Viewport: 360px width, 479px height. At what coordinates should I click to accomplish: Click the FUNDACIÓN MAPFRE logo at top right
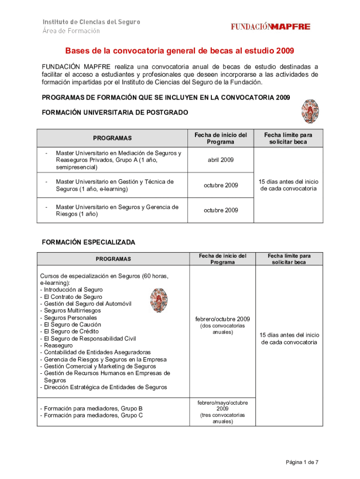(270, 27)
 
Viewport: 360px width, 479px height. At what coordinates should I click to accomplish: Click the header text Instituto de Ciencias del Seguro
(92, 22)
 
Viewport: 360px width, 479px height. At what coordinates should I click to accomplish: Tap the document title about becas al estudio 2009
(180, 51)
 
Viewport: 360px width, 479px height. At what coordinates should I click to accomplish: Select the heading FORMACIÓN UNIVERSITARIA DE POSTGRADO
(115, 112)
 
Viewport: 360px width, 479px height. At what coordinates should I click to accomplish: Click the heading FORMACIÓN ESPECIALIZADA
(88, 242)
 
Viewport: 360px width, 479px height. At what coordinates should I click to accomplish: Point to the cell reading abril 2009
(221, 160)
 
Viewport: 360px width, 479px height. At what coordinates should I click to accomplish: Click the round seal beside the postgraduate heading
(309, 111)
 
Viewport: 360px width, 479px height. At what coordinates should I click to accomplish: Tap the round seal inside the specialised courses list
(158, 300)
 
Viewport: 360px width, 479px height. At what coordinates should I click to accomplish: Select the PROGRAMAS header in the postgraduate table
(112, 138)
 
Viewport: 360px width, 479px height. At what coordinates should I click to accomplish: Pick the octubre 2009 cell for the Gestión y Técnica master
(221, 185)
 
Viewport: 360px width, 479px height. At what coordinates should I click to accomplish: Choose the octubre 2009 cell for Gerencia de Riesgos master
(221, 210)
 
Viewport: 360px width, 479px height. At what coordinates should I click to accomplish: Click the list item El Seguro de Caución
(71, 325)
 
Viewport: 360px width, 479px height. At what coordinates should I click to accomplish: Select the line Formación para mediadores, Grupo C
(91, 415)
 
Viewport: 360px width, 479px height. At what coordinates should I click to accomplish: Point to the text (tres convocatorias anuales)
(223, 418)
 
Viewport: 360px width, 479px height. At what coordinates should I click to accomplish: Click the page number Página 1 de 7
(302, 462)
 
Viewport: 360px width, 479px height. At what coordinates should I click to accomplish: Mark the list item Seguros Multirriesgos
(71, 311)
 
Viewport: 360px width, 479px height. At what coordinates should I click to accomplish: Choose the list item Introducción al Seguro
(71, 290)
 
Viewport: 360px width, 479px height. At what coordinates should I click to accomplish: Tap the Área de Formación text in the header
(72, 31)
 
